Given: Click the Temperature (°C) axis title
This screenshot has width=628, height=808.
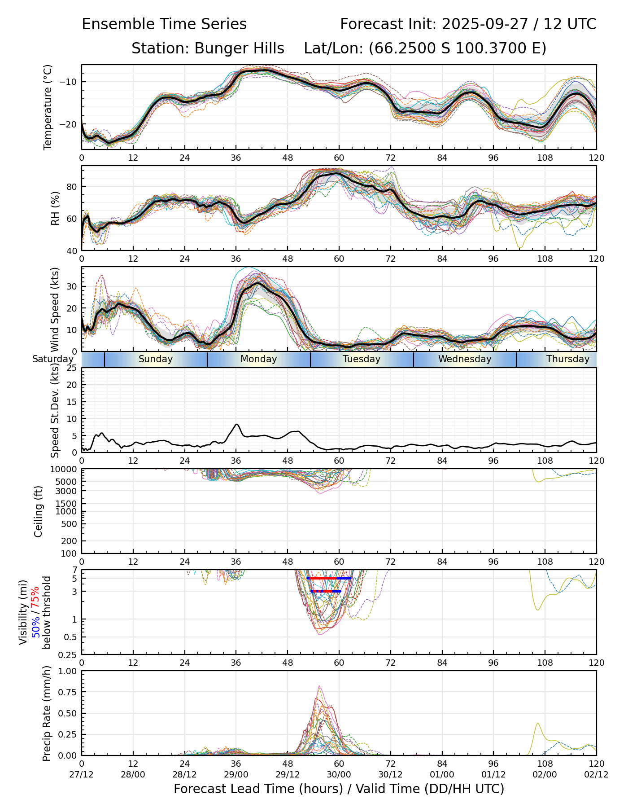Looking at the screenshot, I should coord(48,107).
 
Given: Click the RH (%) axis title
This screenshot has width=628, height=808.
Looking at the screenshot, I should coord(55,208).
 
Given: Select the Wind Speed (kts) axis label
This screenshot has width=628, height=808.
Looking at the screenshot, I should coord(55,309).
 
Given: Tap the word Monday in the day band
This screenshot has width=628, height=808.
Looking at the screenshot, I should coord(258,359).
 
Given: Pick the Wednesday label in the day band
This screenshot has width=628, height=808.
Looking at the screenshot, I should coord(465,359).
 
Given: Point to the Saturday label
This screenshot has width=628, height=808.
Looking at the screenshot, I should coord(52,359).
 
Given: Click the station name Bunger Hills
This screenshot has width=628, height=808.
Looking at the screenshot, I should coord(239,48).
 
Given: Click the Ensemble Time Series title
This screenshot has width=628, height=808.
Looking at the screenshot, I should coord(164,24).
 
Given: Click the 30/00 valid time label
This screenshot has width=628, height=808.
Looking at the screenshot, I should coord(339,774).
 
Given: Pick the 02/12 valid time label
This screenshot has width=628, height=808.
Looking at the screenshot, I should coord(596,774).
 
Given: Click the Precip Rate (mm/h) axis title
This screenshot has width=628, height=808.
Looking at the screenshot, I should coord(47,713).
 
